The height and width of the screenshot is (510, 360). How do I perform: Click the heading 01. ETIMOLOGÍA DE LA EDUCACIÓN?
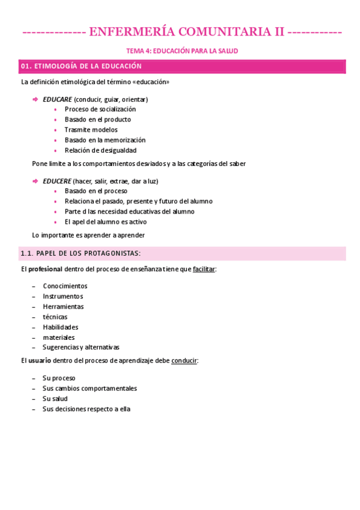tap(81, 66)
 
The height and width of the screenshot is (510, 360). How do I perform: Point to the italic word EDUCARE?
tap(57, 99)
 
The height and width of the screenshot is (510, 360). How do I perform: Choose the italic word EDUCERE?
tap(57, 181)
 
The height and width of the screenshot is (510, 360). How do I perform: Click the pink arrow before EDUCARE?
tap(35, 99)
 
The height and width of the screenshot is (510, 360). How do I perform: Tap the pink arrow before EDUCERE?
tap(35, 181)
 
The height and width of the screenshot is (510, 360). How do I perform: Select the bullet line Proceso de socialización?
tap(100, 109)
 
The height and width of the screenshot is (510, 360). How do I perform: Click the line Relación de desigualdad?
tap(100, 150)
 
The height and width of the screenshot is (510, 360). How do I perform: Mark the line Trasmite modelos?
tap(91, 130)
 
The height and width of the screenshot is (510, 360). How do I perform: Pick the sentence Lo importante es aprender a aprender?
tap(88, 235)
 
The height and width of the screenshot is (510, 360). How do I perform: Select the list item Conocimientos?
tap(65, 286)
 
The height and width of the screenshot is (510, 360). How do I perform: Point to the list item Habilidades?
tap(61, 327)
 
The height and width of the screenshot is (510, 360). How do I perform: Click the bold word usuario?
tap(39, 361)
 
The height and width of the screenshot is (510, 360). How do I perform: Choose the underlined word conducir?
tap(184, 361)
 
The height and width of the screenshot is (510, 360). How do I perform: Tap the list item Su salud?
tap(55, 399)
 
